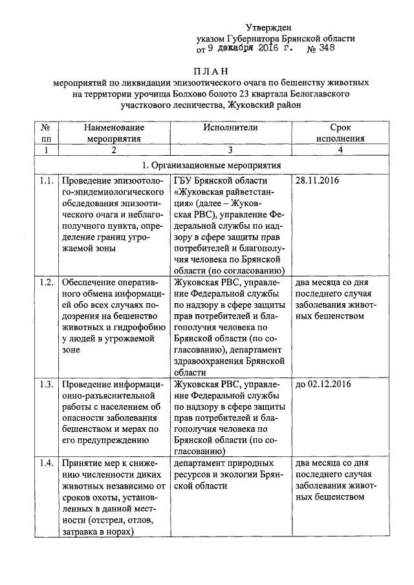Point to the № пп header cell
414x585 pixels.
[x=45, y=133]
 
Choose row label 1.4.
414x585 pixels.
[x=45, y=463]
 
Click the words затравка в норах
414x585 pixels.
[x=97, y=531]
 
